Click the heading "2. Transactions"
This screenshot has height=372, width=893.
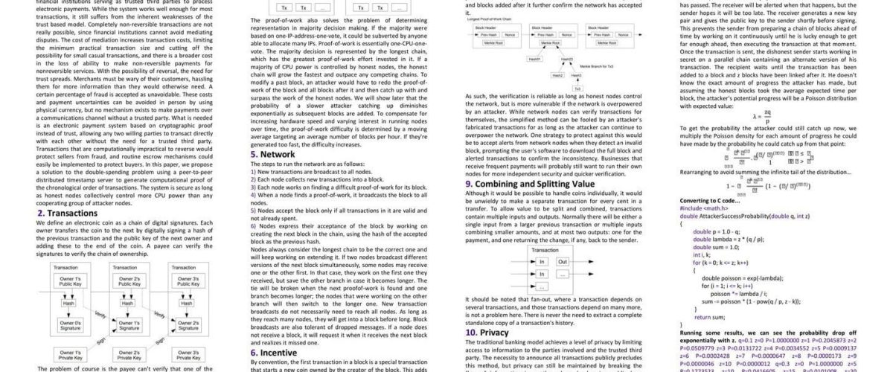pyautogui.click(x=67, y=213)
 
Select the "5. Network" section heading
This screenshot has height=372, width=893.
pyautogui.click(x=272, y=154)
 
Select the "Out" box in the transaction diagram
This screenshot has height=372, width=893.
pyautogui.click(x=563, y=261)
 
